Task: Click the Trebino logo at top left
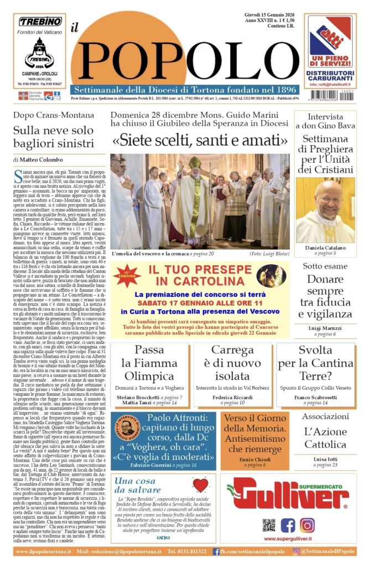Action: click(39, 22)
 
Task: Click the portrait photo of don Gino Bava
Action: click(325, 210)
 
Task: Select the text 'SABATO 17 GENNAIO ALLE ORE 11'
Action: click(201, 303)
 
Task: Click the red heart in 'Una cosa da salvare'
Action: click(200, 486)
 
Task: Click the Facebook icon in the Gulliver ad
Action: click(288, 525)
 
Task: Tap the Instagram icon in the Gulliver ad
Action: click(307, 525)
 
